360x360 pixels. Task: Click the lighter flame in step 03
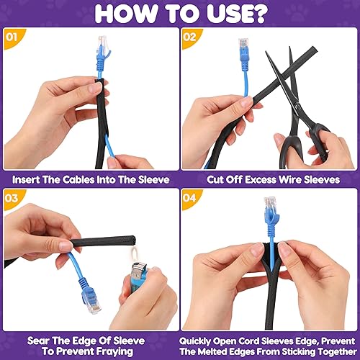(x=134, y=254)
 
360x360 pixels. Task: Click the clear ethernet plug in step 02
(x=243, y=44)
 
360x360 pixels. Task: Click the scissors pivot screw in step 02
(x=298, y=105)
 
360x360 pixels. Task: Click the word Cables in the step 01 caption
(x=78, y=179)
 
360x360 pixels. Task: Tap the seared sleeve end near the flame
(x=132, y=240)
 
